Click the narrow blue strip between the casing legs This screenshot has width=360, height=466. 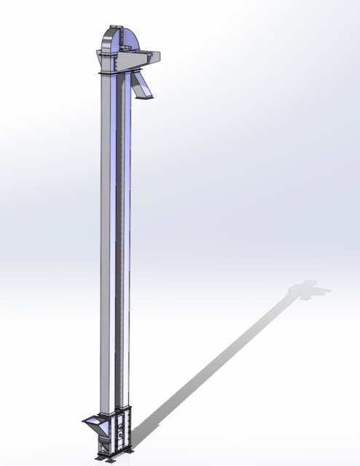coord(119,240)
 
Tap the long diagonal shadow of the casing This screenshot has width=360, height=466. coord(219,357)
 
